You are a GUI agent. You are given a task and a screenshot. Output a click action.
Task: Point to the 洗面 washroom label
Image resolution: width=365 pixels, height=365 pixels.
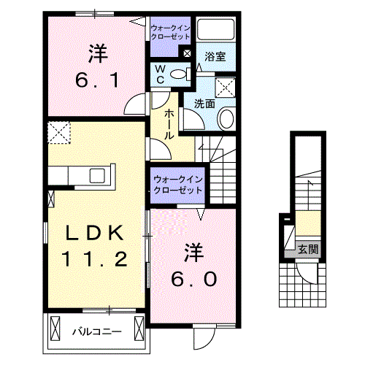tap(204, 104)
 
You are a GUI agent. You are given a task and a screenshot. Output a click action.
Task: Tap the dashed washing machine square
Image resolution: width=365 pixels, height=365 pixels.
tap(226, 87)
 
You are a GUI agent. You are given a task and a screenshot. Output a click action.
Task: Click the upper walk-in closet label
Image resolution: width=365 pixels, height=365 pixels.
tap(170, 32)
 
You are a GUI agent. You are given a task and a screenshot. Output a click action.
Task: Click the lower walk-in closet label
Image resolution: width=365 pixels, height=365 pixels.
tap(177, 185)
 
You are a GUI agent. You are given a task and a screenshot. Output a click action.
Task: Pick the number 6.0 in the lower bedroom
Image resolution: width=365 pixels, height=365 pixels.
tap(194, 280)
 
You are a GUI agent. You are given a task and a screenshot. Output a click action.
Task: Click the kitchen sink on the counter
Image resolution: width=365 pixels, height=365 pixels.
tap(96, 176)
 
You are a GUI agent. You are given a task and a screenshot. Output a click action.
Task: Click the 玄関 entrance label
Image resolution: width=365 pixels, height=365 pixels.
tap(307, 250)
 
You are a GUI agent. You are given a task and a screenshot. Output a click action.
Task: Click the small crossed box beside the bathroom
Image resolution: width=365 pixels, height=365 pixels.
tap(188, 53)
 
